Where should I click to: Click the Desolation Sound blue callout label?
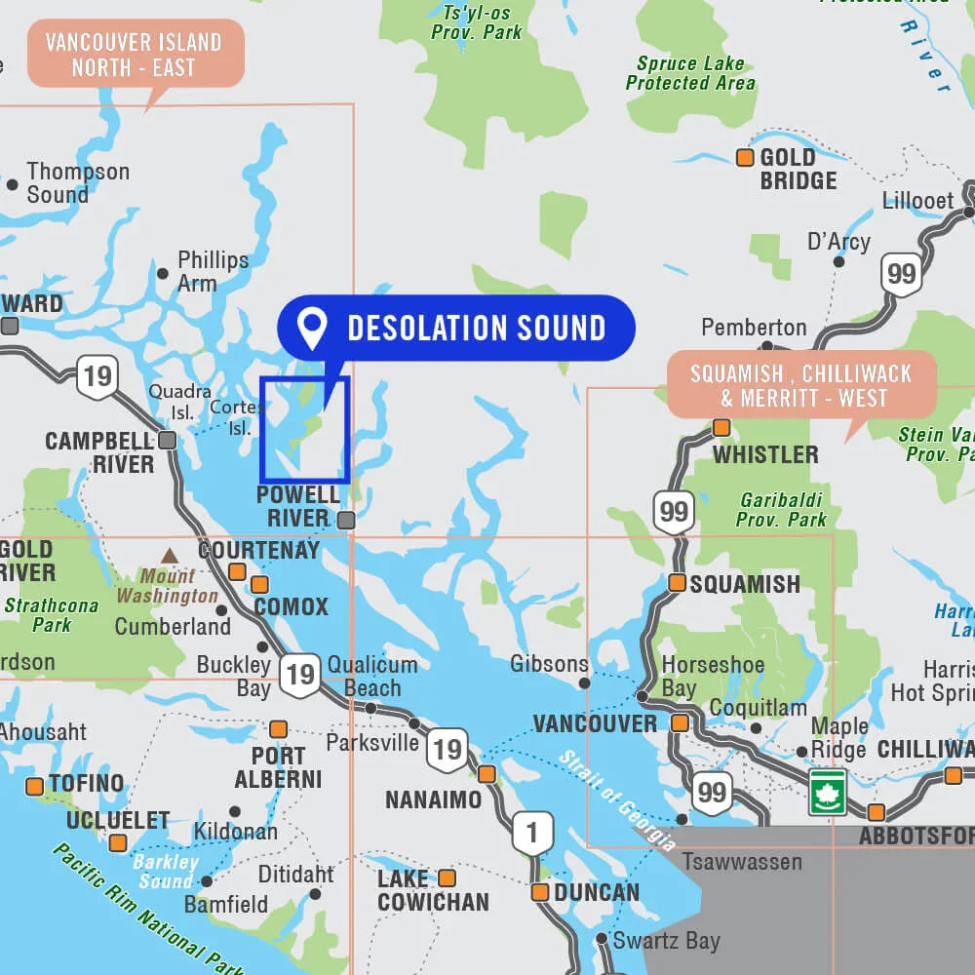pos(456,329)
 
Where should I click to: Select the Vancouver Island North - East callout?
pos(134,55)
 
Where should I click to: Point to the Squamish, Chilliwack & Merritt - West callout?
pos(801,385)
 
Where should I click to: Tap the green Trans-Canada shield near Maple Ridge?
pos(827,791)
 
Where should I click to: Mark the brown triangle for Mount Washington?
pos(170,556)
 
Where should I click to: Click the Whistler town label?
pos(765,454)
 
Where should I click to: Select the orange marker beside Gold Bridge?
pos(745,158)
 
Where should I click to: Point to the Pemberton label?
pos(754,328)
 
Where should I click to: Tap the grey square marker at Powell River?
pos(346,521)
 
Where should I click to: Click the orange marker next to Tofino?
pos(35,786)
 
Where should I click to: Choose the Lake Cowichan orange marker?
pos(447,877)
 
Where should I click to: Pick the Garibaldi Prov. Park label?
pos(781,509)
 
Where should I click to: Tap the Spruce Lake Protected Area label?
pos(690,73)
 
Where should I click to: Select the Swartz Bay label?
pos(666,941)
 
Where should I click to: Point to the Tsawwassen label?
pos(742,862)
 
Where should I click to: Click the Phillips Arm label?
pos(213,272)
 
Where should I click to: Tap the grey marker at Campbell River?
pos(168,441)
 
